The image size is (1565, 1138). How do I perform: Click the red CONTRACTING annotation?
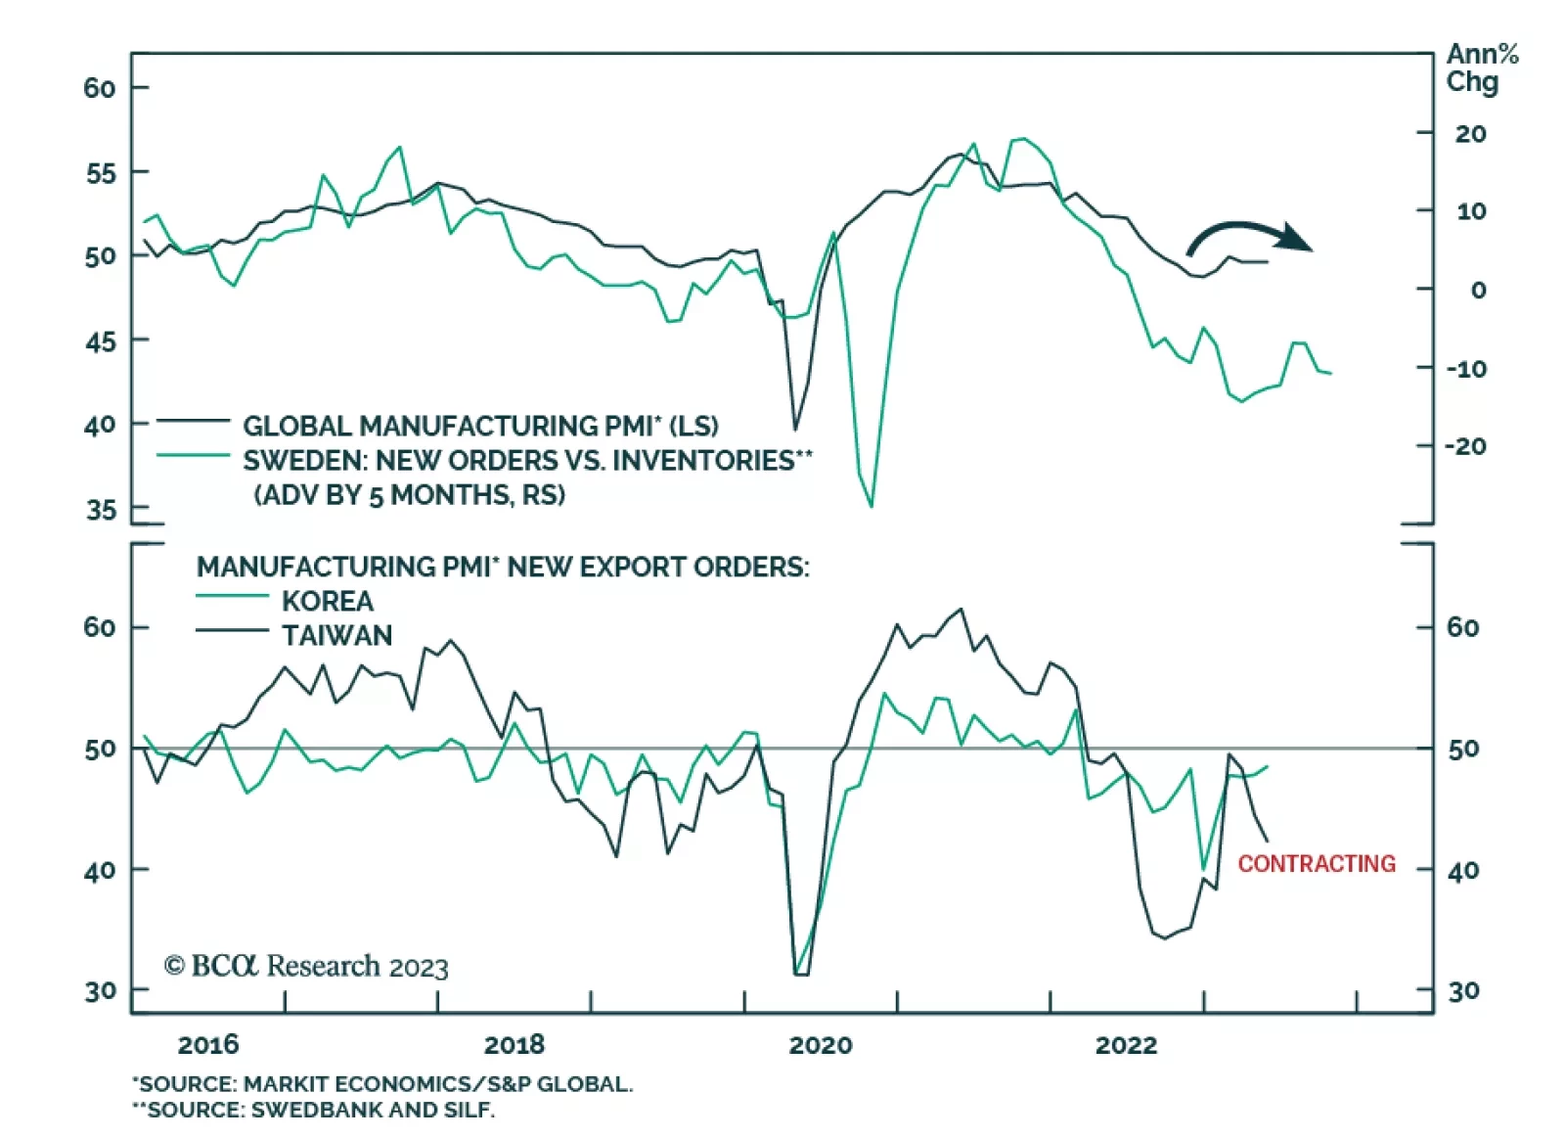[1317, 863]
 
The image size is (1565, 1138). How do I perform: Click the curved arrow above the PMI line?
[1249, 235]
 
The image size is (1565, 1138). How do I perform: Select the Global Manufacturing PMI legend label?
[480, 426]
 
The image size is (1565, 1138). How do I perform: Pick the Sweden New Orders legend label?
[527, 461]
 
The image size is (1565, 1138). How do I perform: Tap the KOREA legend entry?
[328, 601]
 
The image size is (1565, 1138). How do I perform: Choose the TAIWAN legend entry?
[337, 635]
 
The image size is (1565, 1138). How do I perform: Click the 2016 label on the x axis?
[208, 1045]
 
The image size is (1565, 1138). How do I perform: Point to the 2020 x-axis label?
[821, 1045]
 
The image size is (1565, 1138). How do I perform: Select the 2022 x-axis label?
[1126, 1045]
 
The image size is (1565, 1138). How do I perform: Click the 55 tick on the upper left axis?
[100, 173]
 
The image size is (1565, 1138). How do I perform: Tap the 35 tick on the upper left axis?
[100, 510]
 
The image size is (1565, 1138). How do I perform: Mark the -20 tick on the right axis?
[1465, 446]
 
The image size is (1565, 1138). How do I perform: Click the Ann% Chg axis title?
[1480, 68]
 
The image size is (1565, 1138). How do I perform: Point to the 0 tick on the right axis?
[1478, 290]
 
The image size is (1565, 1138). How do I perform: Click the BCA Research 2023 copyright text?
[306, 967]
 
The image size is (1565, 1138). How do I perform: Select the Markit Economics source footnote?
[383, 1084]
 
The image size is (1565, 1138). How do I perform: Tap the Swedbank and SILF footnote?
[314, 1110]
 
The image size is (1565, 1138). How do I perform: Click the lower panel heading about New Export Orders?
[503, 567]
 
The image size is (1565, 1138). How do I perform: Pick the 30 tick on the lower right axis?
[1463, 991]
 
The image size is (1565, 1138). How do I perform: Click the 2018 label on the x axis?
[514, 1045]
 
